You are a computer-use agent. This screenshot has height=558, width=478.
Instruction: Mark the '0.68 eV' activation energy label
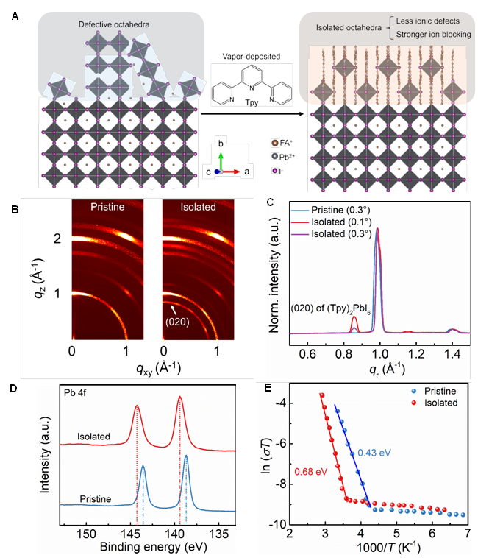(x=310, y=470)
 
